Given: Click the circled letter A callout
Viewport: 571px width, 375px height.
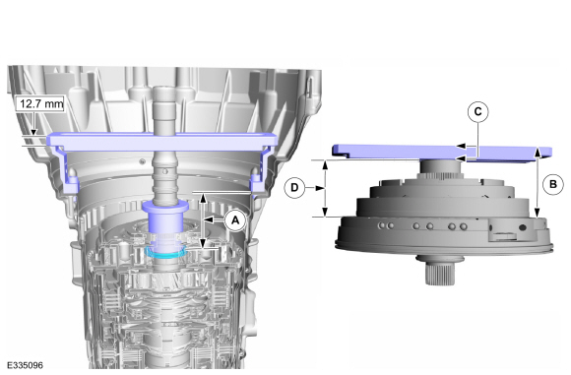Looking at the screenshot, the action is [x=235, y=219].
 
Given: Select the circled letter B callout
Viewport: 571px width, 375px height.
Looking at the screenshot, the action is [x=553, y=184].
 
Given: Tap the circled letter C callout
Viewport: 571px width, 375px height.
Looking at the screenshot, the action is [x=477, y=112].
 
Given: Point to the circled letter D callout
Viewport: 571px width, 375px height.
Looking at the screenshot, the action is [x=294, y=188].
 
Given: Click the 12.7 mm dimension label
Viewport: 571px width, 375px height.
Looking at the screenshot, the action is [x=41, y=104].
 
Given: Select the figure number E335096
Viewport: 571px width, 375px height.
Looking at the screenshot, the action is [x=25, y=365].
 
